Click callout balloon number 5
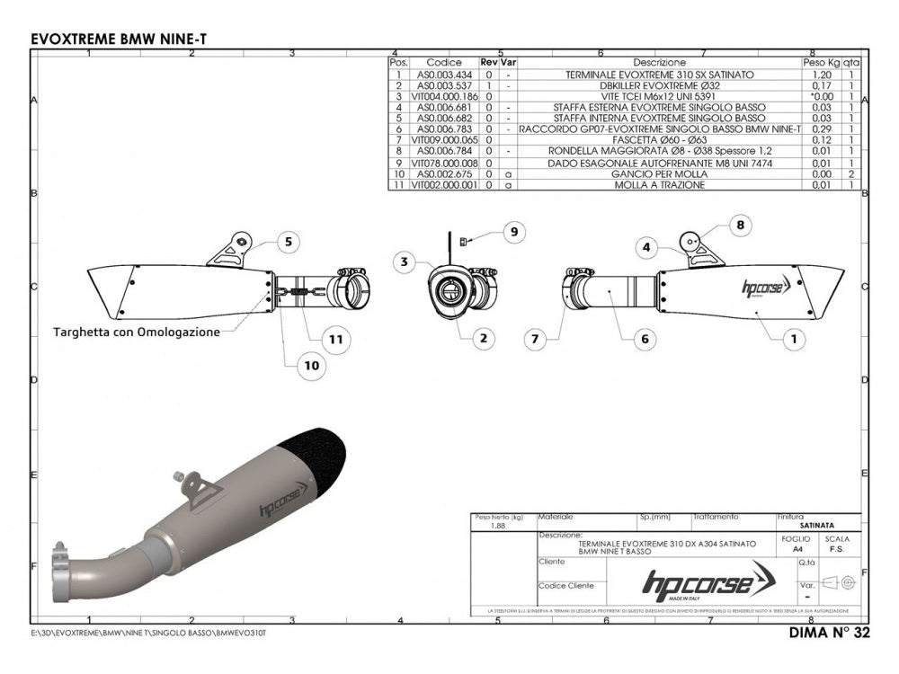(x=288, y=241)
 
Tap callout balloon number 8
(x=740, y=226)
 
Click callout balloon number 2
(x=484, y=339)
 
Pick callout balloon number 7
(x=535, y=340)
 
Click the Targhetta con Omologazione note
(x=136, y=332)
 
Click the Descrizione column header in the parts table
(x=659, y=63)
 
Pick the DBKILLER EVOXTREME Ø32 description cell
(x=659, y=84)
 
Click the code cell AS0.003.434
(x=444, y=74)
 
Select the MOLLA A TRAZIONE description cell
(x=659, y=184)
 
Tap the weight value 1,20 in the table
(x=819, y=74)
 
